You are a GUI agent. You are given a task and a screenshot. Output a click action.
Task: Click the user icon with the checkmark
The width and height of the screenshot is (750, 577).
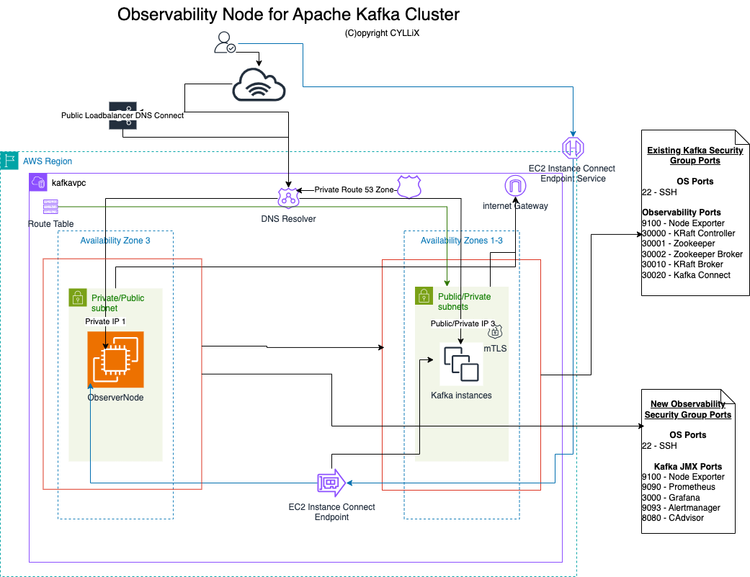(x=225, y=43)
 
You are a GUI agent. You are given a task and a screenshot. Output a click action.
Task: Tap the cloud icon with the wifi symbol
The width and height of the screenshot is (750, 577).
(x=259, y=86)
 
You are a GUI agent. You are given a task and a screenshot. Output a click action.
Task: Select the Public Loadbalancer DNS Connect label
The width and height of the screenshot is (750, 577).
(x=122, y=115)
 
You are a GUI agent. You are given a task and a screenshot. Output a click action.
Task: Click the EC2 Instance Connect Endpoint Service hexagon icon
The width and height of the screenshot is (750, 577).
(x=573, y=148)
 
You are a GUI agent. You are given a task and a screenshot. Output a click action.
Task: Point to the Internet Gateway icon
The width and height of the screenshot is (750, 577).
(x=515, y=186)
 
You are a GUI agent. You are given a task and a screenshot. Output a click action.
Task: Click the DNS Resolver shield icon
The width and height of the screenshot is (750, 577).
(x=288, y=197)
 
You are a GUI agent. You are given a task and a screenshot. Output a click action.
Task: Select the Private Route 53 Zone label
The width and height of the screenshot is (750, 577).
(x=353, y=190)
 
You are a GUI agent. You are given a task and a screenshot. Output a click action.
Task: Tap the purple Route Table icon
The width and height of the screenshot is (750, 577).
(x=50, y=207)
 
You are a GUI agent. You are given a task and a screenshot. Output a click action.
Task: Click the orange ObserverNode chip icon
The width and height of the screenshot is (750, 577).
(x=115, y=359)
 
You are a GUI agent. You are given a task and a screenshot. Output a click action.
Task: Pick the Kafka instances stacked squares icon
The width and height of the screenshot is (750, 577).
(x=461, y=364)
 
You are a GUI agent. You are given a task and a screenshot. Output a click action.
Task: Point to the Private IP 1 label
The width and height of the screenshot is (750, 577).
(x=105, y=321)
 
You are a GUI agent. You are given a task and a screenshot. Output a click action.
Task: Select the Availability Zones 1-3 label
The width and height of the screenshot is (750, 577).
(x=461, y=241)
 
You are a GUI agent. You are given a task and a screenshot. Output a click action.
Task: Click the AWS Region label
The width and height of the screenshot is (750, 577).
(x=48, y=161)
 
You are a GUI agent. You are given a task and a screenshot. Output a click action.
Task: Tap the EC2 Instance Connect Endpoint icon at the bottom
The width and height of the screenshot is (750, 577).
(x=331, y=483)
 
